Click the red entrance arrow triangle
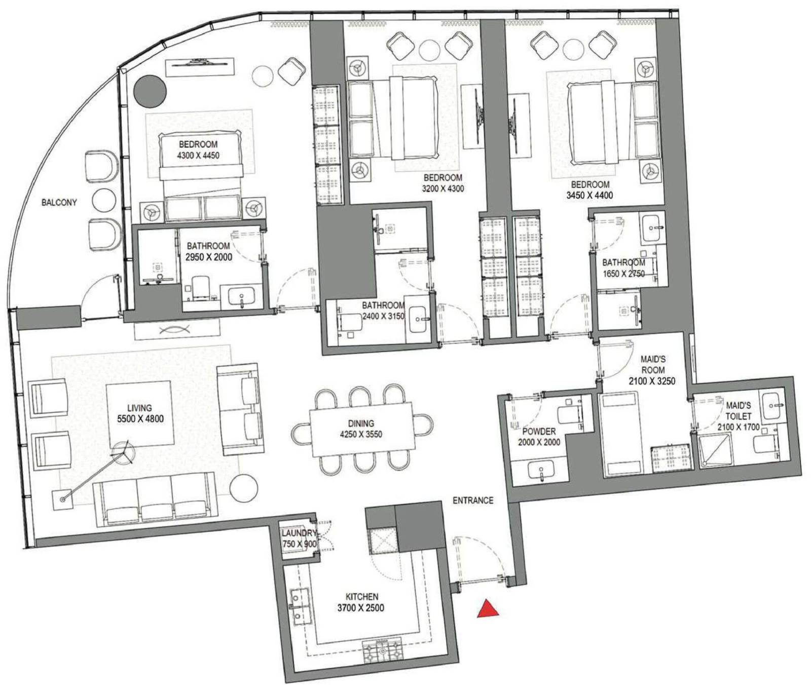click(x=488, y=609)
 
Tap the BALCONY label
click(x=59, y=203)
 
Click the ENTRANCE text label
click(x=473, y=501)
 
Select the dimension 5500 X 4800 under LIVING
click(x=140, y=419)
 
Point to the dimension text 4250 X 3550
click(x=361, y=434)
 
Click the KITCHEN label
click(x=362, y=597)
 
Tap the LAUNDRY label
click(x=299, y=533)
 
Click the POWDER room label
click(x=539, y=432)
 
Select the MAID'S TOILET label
click(x=739, y=411)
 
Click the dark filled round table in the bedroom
click(x=150, y=91)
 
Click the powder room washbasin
click(x=541, y=470)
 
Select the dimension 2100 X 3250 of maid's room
click(x=652, y=381)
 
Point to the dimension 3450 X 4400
click(x=589, y=195)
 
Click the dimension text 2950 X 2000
click(x=208, y=257)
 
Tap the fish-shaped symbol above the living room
click(x=173, y=330)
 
